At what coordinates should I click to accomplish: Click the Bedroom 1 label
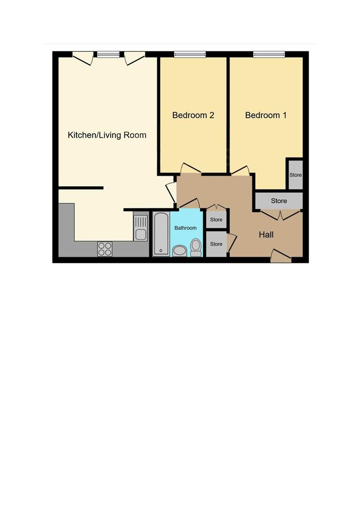pos(266,115)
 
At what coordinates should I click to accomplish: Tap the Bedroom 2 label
pos(193,115)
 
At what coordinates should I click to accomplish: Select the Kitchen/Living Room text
pos(107,135)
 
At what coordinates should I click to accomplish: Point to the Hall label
pos(266,234)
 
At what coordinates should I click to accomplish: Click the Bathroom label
pos(185,228)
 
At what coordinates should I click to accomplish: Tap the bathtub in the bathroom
pos(161,234)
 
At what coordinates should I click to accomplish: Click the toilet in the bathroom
pos(196,248)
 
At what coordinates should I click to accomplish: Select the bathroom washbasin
pos(180,251)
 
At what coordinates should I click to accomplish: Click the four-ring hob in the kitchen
pos(105,249)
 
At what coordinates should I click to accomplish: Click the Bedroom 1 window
pos(269,54)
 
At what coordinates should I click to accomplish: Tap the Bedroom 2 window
pos(190,54)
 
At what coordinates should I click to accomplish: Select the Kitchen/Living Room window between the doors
pos(108,54)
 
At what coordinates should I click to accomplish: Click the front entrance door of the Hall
pos(281,256)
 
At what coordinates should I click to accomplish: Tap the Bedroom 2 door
pos(190,168)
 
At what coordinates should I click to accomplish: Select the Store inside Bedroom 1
pos(295,175)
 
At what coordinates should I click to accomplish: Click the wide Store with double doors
pos(279,201)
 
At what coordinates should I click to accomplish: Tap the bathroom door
pos(189,203)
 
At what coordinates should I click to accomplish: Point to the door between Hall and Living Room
pos(171,192)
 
